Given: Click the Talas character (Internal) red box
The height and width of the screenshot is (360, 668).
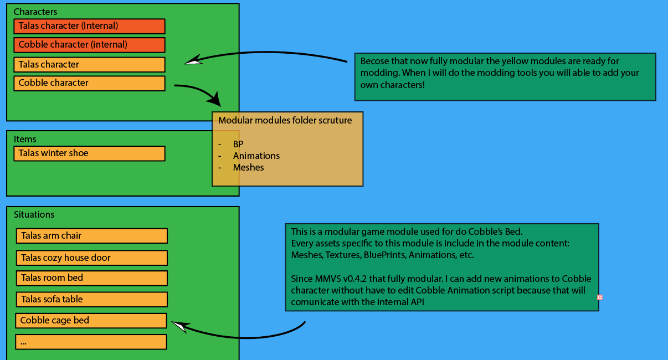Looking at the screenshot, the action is pos(90,26).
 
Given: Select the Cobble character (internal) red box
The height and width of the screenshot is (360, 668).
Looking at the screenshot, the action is pos(90,45).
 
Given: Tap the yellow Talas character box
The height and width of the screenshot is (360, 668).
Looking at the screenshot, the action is pos(90,65).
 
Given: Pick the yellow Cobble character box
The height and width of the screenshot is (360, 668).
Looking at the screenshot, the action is pos(90,83).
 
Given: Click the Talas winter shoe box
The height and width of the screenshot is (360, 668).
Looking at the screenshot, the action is pos(90,153).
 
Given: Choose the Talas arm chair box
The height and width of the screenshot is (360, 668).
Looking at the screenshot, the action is pos(92,236).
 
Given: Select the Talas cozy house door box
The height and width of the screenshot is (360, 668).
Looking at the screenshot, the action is pos(92,258).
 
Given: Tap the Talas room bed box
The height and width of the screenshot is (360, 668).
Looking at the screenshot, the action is pos(92,278).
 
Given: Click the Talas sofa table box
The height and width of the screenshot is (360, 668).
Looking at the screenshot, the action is pos(92,300).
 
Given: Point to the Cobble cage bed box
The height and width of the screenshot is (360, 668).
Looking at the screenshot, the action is pos(91,321).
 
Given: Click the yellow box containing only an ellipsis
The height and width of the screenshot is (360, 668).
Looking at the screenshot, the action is pos(91,342).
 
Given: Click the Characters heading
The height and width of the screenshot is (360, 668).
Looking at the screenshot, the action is pos(35,12).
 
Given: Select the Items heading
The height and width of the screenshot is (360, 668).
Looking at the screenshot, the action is pos(25,139).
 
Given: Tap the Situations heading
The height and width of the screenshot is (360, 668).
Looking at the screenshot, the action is pos(34,214).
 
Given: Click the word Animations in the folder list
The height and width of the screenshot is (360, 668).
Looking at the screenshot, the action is pos(256,156).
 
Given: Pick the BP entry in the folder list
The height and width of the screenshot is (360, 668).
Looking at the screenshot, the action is pos(238,144).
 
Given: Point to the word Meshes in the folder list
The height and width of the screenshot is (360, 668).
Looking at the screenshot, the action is pos(248,167).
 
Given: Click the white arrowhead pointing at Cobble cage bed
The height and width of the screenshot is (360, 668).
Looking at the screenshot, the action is pos(179,327).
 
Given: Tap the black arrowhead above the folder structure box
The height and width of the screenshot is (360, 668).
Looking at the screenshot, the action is pos(215,99).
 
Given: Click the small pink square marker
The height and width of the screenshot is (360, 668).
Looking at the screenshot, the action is pos(600,297).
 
